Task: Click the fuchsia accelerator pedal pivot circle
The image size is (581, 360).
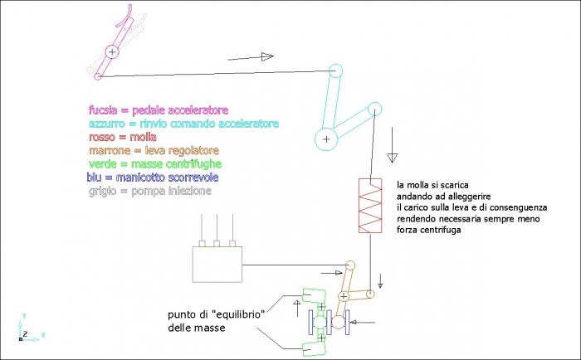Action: click(112, 52)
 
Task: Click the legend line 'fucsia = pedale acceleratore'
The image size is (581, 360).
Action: click(159, 110)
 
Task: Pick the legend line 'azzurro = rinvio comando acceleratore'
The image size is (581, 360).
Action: click(183, 124)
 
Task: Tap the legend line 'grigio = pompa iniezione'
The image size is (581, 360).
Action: click(150, 191)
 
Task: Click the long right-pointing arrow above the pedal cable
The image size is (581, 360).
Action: click(250, 57)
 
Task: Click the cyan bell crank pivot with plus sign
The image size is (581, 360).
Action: click(326, 139)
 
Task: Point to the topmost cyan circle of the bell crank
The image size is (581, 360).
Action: click(336, 71)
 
